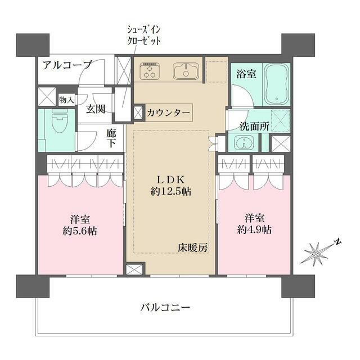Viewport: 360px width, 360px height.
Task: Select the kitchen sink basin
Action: click(183, 72)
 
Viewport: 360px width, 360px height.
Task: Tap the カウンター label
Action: click(169, 112)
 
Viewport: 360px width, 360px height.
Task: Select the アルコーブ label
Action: click(66, 65)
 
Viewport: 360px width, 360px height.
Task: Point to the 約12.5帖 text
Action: click(170, 191)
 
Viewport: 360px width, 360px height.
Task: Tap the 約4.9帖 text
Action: click(254, 229)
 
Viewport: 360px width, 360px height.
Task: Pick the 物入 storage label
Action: click(67, 100)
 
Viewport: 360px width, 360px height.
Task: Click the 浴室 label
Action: click(245, 74)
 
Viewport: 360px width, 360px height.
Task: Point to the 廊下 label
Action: click(112, 138)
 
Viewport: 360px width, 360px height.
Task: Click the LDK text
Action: click(170, 179)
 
